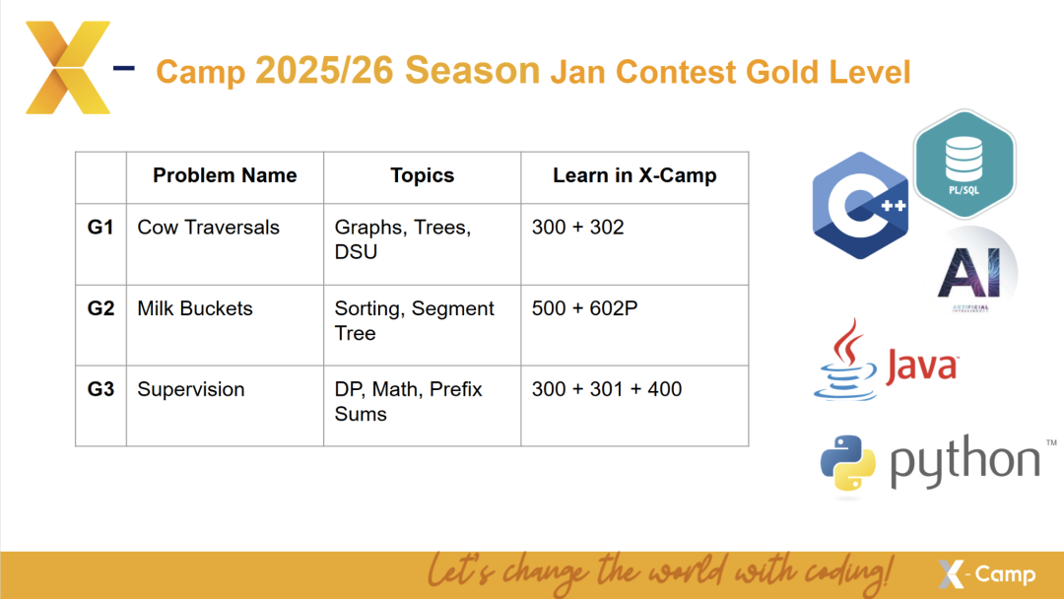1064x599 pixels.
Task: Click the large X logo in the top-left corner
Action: pos(68,67)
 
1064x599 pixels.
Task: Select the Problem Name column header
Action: pos(225,175)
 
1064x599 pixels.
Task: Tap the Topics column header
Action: pos(422,175)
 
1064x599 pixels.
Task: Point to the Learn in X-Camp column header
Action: pos(634,175)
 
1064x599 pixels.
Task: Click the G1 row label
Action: pos(100,228)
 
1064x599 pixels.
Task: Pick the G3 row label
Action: pos(100,389)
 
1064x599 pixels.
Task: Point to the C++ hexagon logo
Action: pos(860,206)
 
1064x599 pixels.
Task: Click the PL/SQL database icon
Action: pos(964,165)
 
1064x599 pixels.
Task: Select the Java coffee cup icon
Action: pos(845,360)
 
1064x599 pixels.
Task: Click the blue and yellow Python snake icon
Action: pos(847,463)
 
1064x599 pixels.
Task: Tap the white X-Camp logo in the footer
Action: pos(986,574)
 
